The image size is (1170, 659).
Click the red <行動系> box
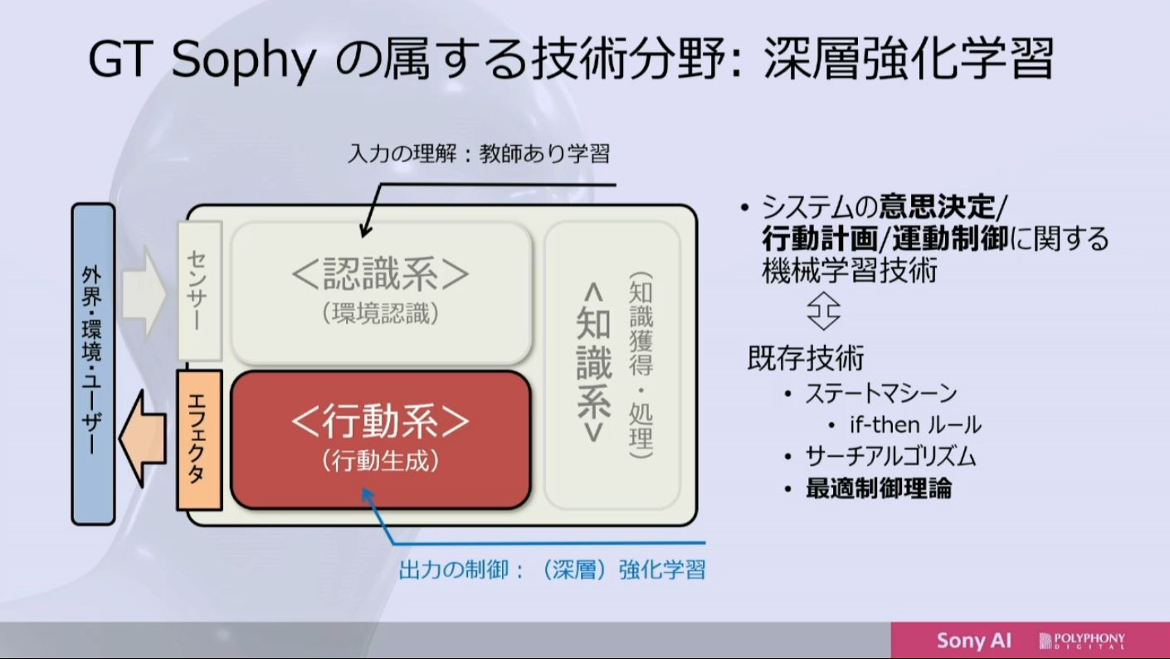[x=381, y=439]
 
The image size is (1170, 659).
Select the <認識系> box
[x=382, y=293]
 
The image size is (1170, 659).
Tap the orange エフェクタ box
[x=199, y=440]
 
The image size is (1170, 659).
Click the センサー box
[x=200, y=291]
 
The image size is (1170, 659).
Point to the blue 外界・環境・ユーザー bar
[x=93, y=364]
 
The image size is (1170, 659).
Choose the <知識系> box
[x=612, y=365]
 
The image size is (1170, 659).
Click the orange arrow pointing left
[x=143, y=439]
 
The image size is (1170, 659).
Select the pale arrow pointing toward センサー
[x=144, y=293]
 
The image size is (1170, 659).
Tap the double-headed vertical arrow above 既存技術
[x=823, y=311]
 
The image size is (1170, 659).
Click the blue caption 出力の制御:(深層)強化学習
[x=552, y=569]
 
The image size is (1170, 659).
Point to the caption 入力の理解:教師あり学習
[x=479, y=153]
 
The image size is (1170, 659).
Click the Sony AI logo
[x=973, y=640]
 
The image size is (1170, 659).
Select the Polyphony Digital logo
[x=1082, y=640]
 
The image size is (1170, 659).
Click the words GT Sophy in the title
[x=202, y=60]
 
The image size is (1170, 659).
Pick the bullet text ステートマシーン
[x=880, y=393]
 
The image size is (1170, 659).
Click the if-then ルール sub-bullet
[x=915, y=424]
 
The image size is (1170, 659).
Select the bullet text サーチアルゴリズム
[x=890, y=457]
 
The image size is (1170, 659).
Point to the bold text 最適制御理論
[x=879, y=488]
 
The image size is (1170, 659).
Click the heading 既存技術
[x=806, y=357]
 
